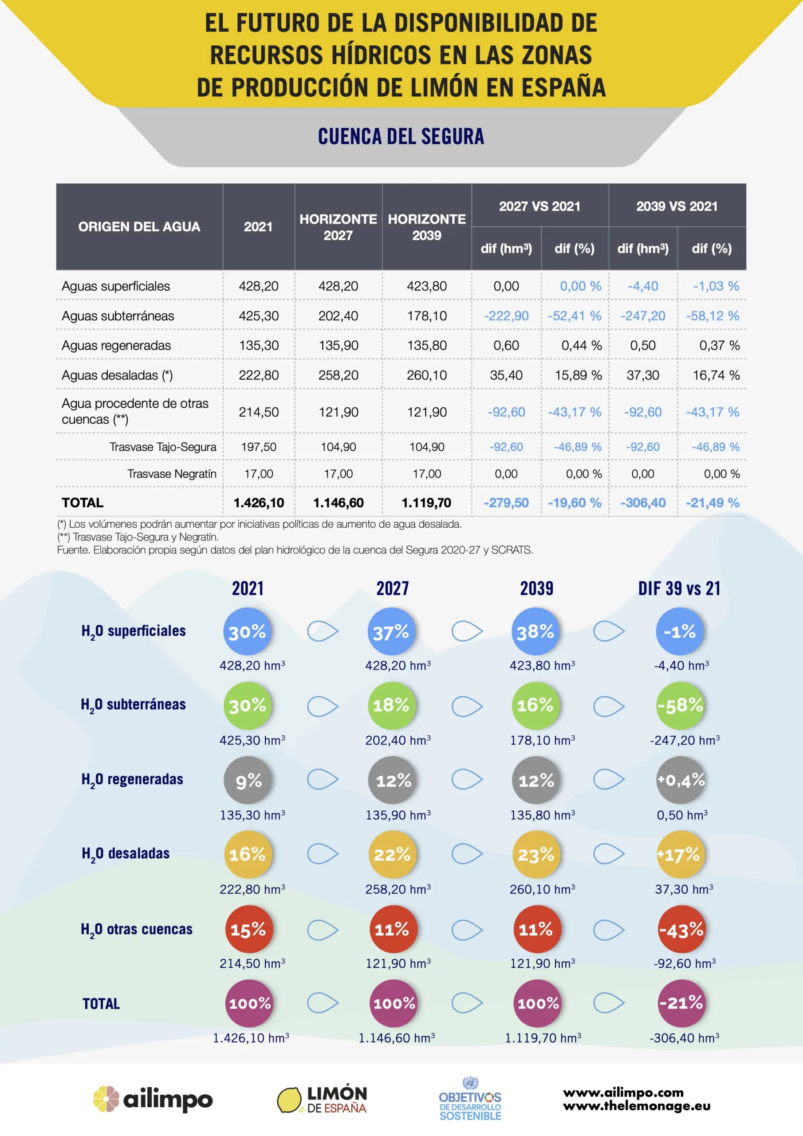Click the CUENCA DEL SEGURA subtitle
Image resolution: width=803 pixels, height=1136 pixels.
(x=401, y=137)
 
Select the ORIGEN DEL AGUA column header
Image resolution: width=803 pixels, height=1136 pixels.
(x=139, y=227)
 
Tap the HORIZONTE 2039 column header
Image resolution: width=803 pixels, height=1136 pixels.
(x=426, y=227)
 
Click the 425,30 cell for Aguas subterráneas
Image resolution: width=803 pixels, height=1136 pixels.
(x=258, y=316)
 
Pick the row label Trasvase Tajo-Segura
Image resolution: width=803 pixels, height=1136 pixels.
(x=163, y=447)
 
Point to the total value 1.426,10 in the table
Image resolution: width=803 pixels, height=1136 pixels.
(x=258, y=503)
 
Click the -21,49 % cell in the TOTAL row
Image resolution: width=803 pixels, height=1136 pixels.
(x=712, y=503)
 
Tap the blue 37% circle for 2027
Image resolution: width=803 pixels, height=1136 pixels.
(x=391, y=632)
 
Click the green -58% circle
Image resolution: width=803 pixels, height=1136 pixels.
(x=680, y=706)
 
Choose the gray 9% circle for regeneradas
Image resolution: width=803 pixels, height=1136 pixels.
(x=248, y=780)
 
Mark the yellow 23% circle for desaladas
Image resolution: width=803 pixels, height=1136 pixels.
(x=536, y=855)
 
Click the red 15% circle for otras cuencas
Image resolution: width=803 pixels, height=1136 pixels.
(x=248, y=930)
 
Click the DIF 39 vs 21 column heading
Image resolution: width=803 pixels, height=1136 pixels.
(x=679, y=588)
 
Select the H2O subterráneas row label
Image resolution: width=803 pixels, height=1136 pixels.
(x=133, y=705)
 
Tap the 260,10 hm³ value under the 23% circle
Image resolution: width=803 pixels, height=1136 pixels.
(x=542, y=889)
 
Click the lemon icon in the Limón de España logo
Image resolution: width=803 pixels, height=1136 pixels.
(x=289, y=1099)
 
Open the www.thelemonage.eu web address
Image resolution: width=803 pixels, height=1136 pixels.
(x=636, y=1106)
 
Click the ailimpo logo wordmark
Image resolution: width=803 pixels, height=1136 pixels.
(x=168, y=1099)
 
